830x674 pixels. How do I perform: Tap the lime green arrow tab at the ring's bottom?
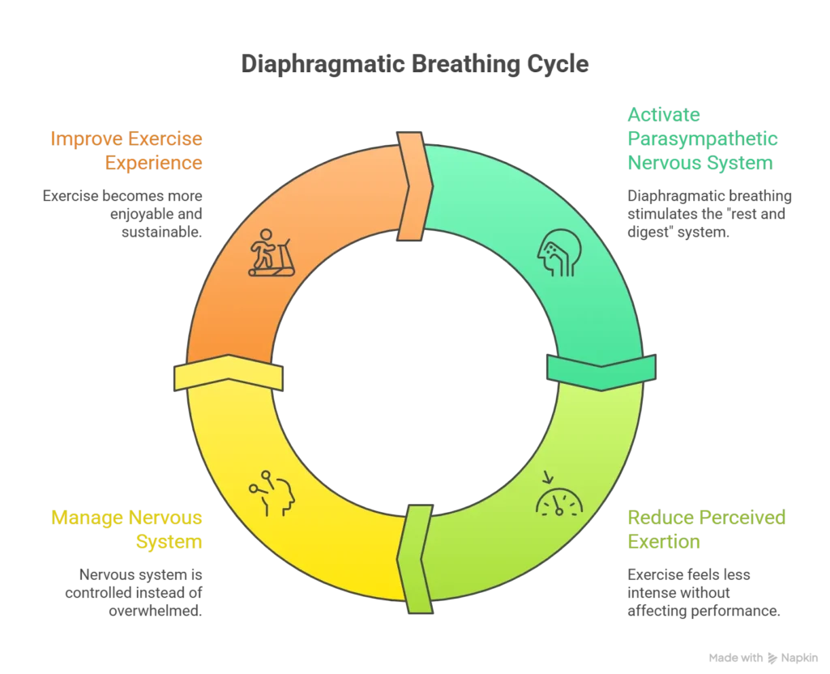415,559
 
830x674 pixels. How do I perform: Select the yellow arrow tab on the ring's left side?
228,375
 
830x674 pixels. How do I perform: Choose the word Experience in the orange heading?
153,162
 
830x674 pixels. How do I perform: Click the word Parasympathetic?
701,139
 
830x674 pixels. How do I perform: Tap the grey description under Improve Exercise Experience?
123,214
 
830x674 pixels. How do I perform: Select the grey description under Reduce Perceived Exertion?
702,595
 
